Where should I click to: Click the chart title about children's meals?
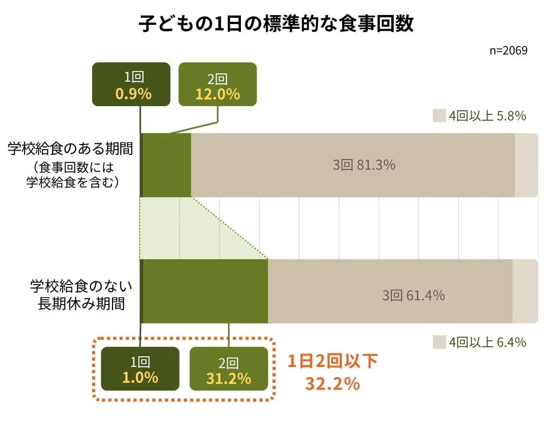276,24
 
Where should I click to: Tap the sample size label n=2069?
508,51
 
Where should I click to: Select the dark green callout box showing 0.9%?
131,84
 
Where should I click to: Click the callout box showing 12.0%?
218,84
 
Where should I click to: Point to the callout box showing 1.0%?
140,369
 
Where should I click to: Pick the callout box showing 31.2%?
229,369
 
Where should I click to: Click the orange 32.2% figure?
332,383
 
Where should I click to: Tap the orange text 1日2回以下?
332,361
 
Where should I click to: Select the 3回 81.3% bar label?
364,165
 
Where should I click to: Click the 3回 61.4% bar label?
414,295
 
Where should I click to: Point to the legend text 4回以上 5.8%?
487,116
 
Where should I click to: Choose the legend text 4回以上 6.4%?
487,342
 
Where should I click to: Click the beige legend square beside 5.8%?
439,116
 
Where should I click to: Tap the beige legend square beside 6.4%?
439,342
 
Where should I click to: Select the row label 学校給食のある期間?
71,149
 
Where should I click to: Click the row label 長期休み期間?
81,304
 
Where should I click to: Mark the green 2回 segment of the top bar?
167,165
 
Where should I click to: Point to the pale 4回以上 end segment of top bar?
526,165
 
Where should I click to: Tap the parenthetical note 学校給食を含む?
73,182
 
